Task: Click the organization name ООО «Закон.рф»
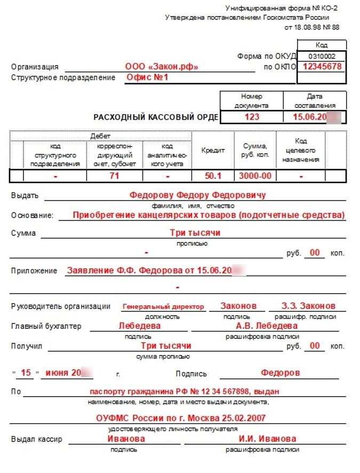pyautogui.click(x=162, y=67)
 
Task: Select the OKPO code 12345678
pyautogui.click(x=322, y=67)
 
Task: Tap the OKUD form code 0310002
pyautogui.click(x=322, y=56)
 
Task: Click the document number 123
pyautogui.click(x=252, y=117)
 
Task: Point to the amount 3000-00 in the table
pyautogui.click(x=255, y=176)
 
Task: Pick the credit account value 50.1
pyautogui.click(x=213, y=176)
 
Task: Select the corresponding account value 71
pyautogui.click(x=114, y=176)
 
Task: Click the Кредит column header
pyautogui.click(x=213, y=151)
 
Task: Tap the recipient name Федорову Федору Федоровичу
pyautogui.click(x=197, y=195)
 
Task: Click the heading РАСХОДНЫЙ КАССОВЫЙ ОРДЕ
pyautogui.click(x=156, y=117)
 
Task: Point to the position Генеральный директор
pyautogui.click(x=163, y=307)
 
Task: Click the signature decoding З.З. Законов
pyautogui.click(x=309, y=306)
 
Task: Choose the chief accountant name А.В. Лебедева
pyautogui.click(x=267, y=326)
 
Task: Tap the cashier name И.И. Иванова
pyautogui.click(x=268, y=439)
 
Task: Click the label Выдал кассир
pyautogui.click(x=36, y=439)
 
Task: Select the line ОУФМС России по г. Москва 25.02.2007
pyautogui.click(x=181, y=419)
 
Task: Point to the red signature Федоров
pyautogui.click(x=280, y=373)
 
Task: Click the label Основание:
pyautogui.click(x=32, y=216)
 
